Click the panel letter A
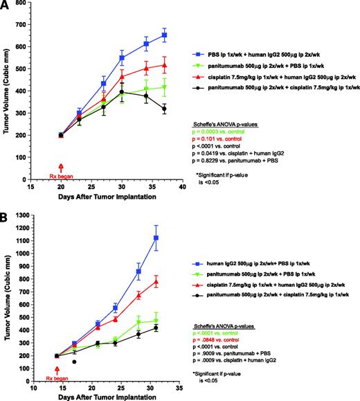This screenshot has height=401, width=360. point(6,6)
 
